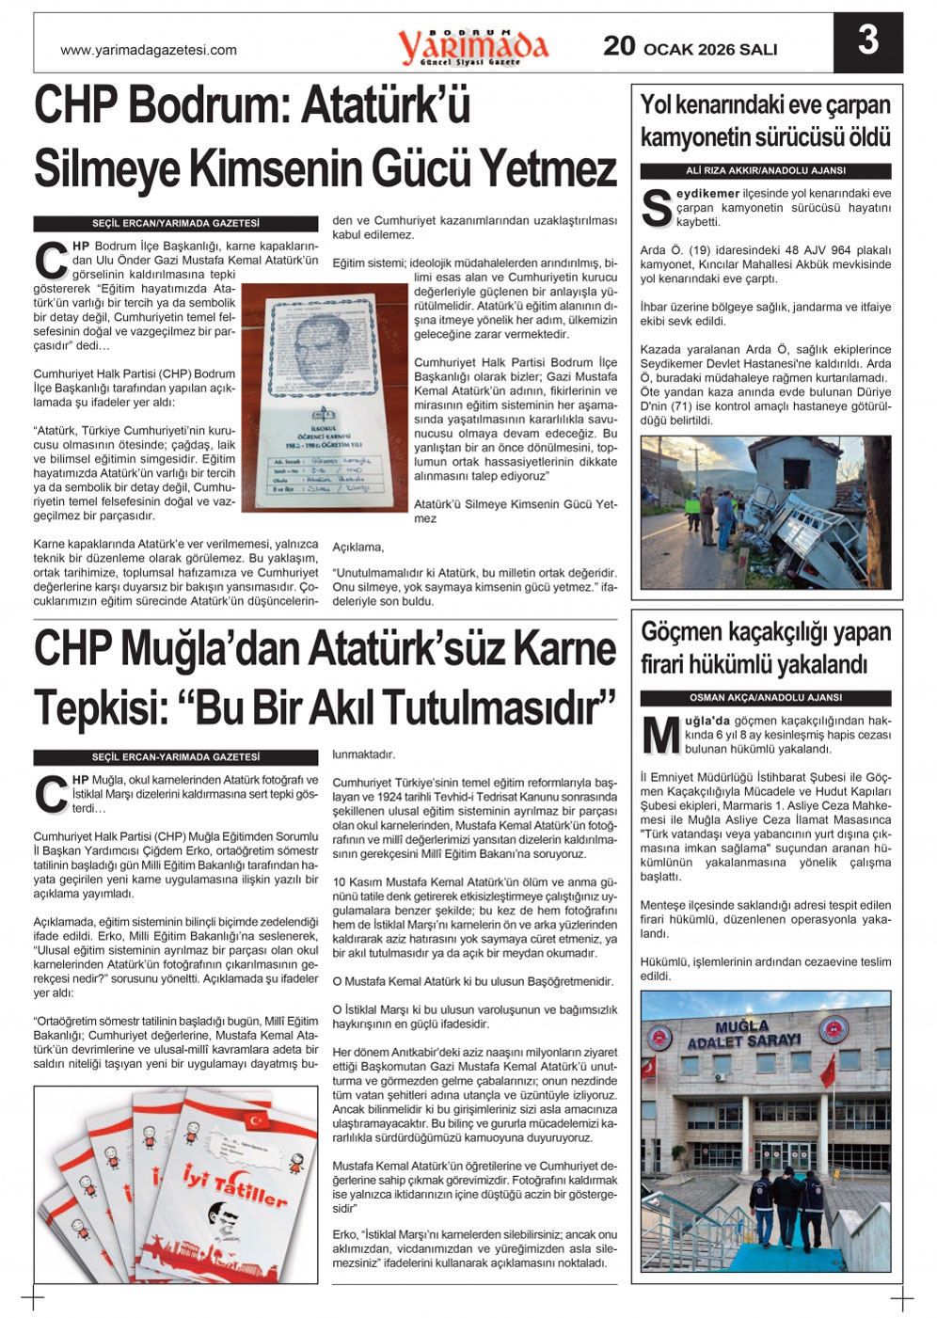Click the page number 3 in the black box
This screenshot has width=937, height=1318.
(x=867, y=41)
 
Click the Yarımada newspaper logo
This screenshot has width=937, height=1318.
(x=472, y=45)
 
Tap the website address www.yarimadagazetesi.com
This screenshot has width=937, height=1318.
(x=149, y=50)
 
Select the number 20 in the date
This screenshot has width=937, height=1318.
(x=619, y=46)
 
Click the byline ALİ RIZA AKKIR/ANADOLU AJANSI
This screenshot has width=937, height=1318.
(x=765, y=171)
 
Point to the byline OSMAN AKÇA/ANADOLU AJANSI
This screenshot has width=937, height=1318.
(x=765, y=698)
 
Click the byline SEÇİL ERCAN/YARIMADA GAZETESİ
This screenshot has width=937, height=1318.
(x=175, y=224)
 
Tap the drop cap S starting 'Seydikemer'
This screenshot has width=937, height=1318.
(x=656, y=209)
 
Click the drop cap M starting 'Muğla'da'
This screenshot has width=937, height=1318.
(x=660, y=736)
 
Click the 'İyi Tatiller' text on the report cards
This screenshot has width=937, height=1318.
(x=234, y=1186)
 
